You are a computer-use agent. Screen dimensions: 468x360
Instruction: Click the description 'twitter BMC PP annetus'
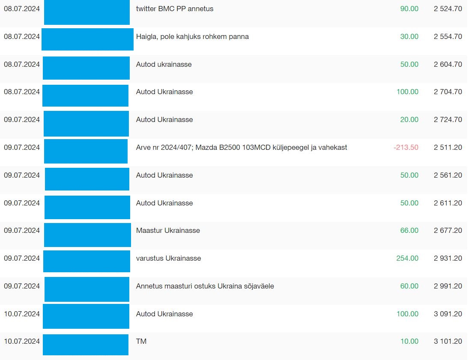(175, 9)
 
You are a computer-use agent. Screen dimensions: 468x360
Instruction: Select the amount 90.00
(409, 9)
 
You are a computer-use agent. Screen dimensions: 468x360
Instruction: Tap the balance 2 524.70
(448, 9)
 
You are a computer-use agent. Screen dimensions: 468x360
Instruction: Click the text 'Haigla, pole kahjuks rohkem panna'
(192, 37)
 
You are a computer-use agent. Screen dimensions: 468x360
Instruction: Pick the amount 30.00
(409, 37)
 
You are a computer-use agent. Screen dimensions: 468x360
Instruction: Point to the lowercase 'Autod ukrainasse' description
(164, 65)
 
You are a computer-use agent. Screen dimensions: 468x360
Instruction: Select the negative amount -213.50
(406, 147)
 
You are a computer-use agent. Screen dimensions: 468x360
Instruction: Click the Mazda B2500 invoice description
(241, 147)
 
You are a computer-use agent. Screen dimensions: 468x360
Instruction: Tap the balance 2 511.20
(448, 147)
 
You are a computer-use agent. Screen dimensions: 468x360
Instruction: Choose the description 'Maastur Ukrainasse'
(168, 230)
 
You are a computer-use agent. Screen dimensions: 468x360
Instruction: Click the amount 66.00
(409, 230)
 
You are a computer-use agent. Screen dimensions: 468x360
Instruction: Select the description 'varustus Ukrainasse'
(169, 258)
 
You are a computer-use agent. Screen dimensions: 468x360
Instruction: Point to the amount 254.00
(407, 258)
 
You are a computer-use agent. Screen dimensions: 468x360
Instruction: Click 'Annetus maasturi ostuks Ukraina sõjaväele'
(205, 286)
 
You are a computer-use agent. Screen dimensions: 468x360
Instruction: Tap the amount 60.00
(409, 286)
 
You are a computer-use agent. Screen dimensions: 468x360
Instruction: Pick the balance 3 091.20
(448, 314)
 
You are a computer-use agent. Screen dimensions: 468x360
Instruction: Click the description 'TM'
(141, 341)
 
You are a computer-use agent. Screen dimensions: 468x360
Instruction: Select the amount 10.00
(409, 341)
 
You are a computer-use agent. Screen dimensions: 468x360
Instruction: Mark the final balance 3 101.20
(448, 341)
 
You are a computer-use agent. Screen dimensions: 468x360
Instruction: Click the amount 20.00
(409, 120)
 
